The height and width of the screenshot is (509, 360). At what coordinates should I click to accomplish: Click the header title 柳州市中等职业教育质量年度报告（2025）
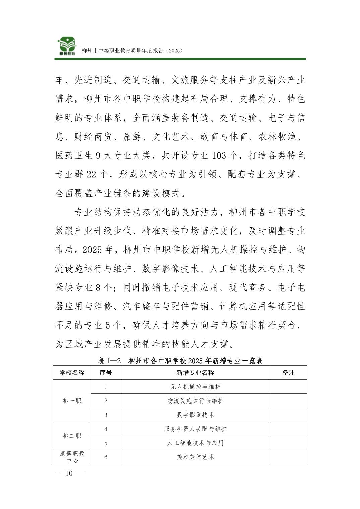pos(132,51)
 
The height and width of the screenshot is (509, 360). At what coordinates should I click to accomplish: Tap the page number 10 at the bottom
pos(69,473)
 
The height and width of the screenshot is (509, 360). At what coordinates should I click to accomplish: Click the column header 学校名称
pos(72,373)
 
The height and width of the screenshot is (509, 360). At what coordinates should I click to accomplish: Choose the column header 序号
pos(106,373)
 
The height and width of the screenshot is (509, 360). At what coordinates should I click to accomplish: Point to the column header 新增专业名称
pos(195,373)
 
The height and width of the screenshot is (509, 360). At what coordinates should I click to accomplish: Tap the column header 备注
pos(288,373)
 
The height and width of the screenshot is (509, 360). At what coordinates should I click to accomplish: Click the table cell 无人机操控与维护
pos(195,387)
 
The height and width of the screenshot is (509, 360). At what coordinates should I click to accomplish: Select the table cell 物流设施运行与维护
pos(195,401)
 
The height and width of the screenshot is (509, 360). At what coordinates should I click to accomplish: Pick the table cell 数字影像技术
pos(195,415)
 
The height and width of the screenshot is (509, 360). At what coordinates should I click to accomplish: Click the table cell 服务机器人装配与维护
pos(195,429)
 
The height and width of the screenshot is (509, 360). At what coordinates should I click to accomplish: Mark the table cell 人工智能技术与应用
pos(195,443)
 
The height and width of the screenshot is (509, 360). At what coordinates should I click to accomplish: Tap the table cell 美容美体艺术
pos(195,457)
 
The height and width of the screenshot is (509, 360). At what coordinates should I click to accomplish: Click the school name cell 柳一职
pos(72,401)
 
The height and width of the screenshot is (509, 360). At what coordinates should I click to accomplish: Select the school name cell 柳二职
pos(72,436)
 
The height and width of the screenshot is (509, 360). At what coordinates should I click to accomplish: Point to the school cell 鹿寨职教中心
pos(72,457)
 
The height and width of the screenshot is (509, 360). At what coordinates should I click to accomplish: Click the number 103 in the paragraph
pos(220,156)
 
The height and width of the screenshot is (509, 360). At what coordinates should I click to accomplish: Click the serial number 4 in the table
pos(106,429)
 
